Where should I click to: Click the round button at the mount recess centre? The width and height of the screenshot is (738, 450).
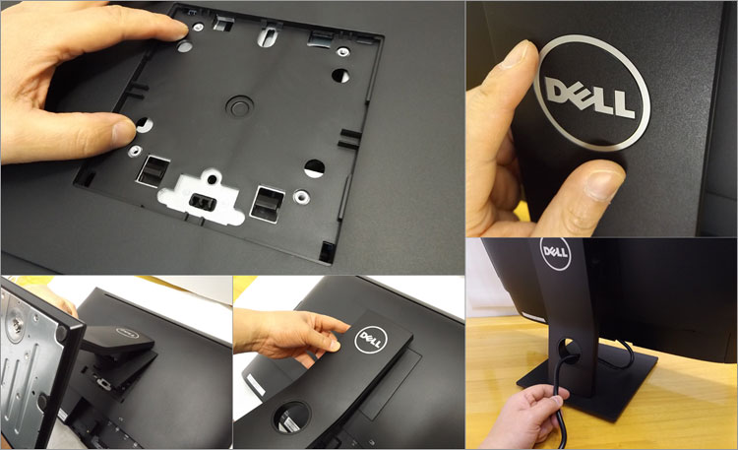tap(240, 105)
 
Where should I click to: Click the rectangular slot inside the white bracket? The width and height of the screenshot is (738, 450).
tap(203, 203)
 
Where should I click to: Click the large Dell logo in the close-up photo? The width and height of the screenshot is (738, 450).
tap(592, 93)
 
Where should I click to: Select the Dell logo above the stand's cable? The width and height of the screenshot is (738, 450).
tap(556, 253)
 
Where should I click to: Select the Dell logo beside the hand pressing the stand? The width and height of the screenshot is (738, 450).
tap(371, 341)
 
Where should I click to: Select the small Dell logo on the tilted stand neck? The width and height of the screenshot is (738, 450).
tap(127, 333)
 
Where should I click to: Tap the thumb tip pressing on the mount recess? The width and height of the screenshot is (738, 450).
tap(123, 132)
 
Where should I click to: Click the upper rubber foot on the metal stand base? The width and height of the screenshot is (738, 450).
tap(61, 333)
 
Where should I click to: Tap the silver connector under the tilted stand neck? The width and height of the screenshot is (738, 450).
tap(100, 382)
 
